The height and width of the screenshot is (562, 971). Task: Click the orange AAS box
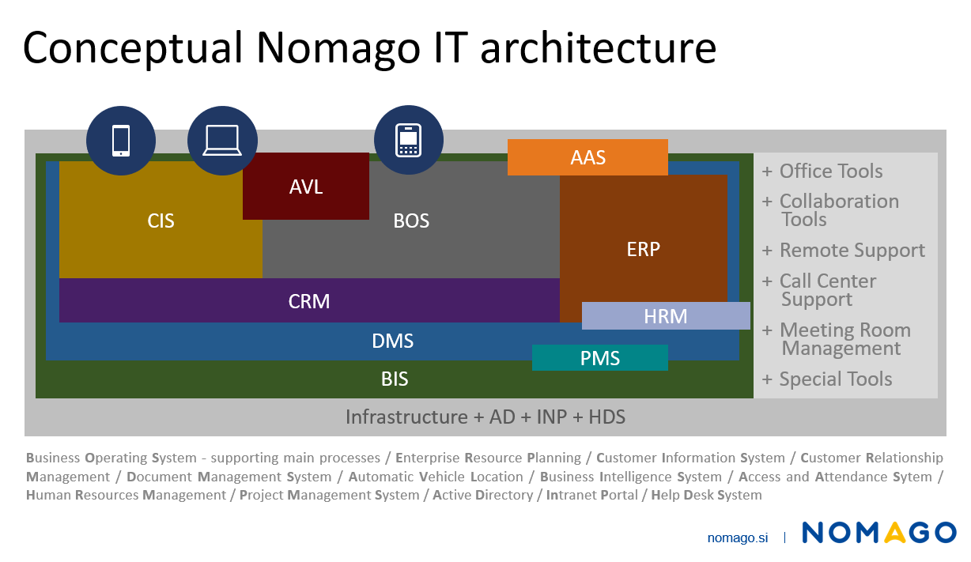pyautogui.click(x=588, y=157)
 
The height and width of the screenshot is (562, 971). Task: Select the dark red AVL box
pyautogui.click(x=306, y=187)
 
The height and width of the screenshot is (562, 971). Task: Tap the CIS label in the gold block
pyautogui.click(x=161, y=221)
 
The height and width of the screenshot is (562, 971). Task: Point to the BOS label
pyautogui.click(x=411, y=221)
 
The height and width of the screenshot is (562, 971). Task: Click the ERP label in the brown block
pyautogui.click(x=643, y=249)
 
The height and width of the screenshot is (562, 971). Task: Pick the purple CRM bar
pyautogui.click(x=309, y=301)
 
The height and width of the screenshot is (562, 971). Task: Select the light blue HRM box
pyautogui.click(x=666, y=316)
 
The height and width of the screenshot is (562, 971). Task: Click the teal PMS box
pyautogui.click(x=600, y=358)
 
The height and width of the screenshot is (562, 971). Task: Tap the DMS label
pyautogui.click(x=393, y=341)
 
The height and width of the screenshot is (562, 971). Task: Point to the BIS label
pyautogui.click(x=395, y=379)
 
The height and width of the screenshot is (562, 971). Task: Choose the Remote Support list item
pyautogui.click(x=843, y=251)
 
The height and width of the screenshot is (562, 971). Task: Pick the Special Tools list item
pyautogui.click(x=827, y=379)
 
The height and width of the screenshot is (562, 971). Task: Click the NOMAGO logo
pyautogui.click(x=878, y=533)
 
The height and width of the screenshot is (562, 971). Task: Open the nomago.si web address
pyautogui.click(x=737, y=537)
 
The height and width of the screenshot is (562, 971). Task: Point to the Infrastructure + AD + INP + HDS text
pyautogui.click(x=485, y=417)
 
